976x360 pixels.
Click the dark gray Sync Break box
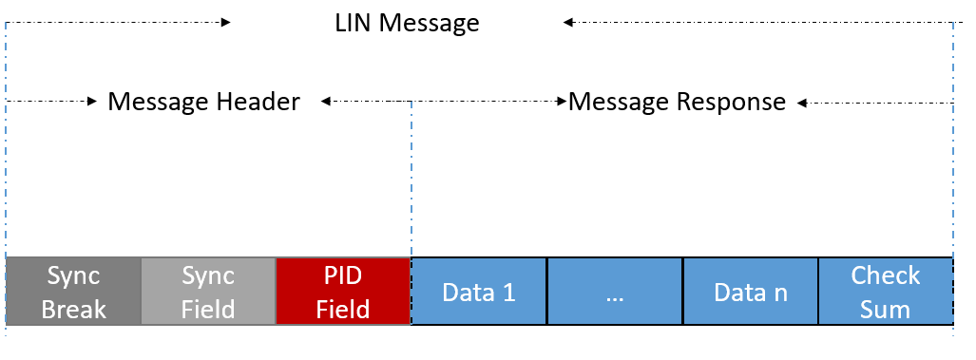pos(73,292)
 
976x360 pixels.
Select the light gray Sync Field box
pos(208,292)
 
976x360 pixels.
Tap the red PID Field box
pos(343,292)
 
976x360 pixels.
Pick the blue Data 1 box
pos(479,292)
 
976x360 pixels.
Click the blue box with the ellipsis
pos(615,292)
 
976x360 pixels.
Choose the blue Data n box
pos(751,292)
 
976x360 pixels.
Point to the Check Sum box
pos(886,292)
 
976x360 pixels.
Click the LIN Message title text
pos(407,23)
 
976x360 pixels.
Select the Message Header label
pos(203,101)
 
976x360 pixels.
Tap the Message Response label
pos(677,101)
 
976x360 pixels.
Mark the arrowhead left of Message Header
pos(93,99)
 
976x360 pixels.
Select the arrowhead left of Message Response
pos(563,99)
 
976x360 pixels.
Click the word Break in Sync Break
pos(73,309)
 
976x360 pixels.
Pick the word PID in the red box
pos(343,275)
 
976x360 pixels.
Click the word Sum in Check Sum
pos(886,309)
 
